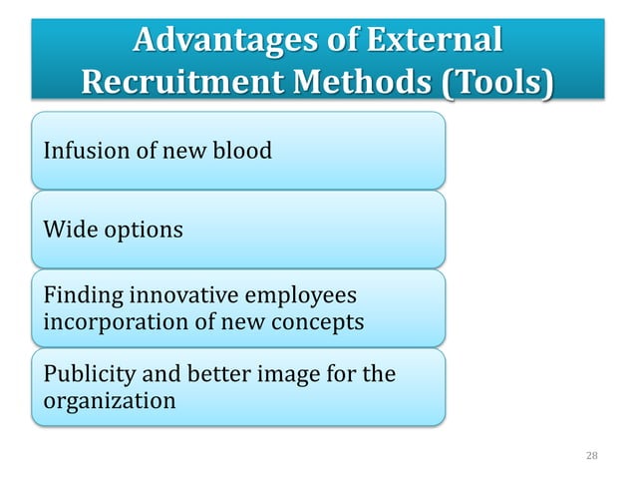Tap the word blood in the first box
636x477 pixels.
pyautogui.click(x=244, y=152)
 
